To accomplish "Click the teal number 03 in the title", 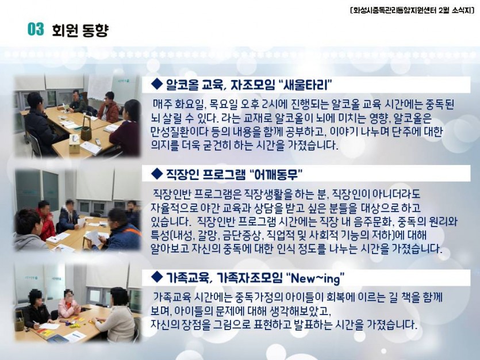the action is [x=36, y=29].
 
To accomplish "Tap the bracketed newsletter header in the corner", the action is [x=412, y=11].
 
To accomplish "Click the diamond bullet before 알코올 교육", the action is [x=157, y=84].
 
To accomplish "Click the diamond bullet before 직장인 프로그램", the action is [x=157, y=174].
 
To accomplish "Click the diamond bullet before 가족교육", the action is [x=157, y=277].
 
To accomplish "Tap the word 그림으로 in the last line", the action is [x=232, y=324].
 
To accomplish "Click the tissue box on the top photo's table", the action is [x=74, y=144].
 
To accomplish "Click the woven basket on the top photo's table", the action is [x=86, y=129].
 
